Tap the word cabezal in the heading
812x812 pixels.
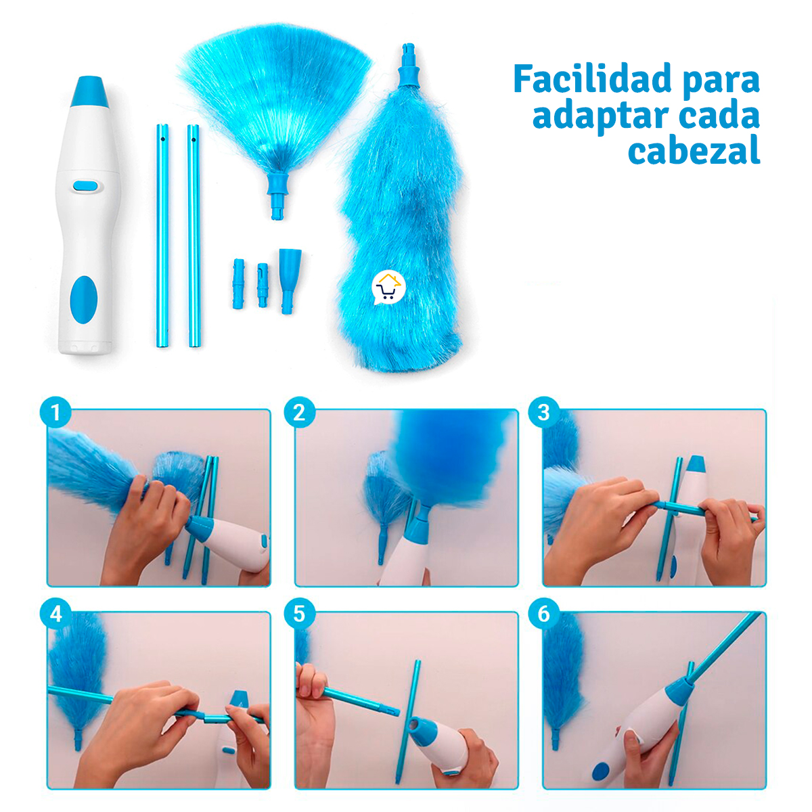(x=694, y=150)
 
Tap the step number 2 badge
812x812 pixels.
(x=300, y=412)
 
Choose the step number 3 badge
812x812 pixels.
(x=544, y=412)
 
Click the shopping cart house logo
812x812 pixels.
(x=388, y=288)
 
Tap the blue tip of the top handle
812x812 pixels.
(x=89, y=93)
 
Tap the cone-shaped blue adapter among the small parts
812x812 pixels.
(x=290, y=277)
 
